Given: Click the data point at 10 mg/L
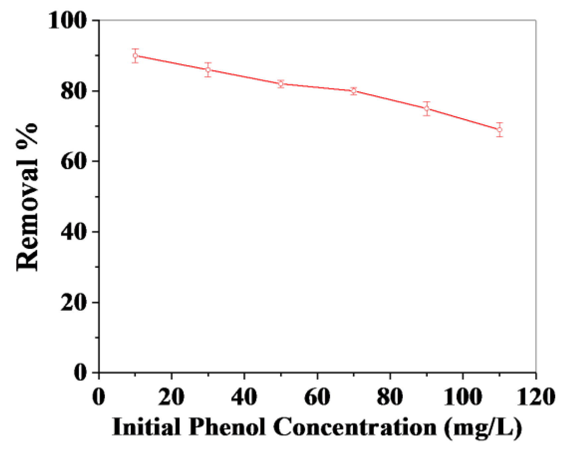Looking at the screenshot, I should [x=135, y=56].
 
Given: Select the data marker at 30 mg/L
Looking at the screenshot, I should [x=208, y=70].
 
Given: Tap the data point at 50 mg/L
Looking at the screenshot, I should [x=281, y=84].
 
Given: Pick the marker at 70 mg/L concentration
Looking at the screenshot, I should [x=354, y=91].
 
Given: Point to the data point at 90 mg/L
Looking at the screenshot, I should [x=427, y=108].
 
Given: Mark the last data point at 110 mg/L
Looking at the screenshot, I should [x=499, y=130].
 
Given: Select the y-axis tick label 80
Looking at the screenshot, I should [x=74, y=91].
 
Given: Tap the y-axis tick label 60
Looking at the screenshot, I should [x=74, y=162].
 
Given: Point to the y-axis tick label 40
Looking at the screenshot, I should [x=74, y=232].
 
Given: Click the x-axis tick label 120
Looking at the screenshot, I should [x=536, y=397].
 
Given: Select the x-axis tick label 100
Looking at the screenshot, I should [x=463, y=397].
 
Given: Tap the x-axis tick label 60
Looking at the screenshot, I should [x=317, y=397].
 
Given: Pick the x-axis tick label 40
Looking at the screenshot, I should [x=244, y=397].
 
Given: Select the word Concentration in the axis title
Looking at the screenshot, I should [x=355, y=427].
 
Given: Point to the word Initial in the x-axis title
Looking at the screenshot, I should [x=147, y=427].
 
